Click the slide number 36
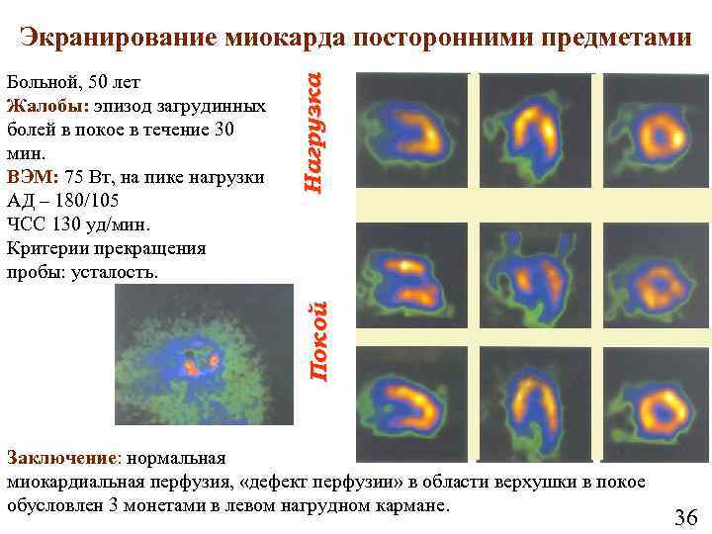(x=685, y=516)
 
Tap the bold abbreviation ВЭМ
(x=32, y=177)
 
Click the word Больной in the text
(x=39, y=82)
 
